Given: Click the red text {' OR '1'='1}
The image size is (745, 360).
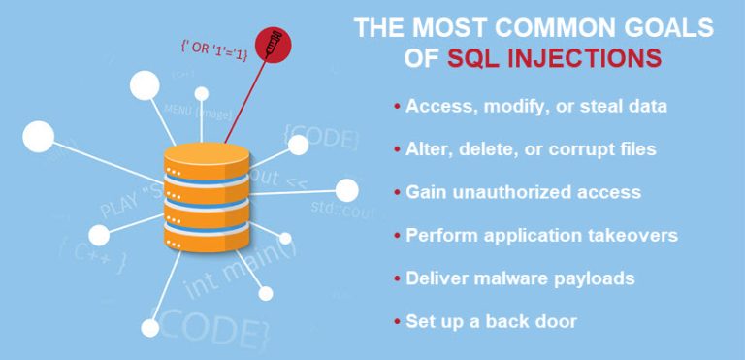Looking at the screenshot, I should [213, 49].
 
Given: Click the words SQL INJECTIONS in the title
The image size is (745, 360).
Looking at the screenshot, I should [555, 57].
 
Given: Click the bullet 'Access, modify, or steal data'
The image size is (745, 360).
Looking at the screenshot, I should [534, 107].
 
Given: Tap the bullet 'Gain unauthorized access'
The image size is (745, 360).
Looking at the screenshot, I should [523, 192].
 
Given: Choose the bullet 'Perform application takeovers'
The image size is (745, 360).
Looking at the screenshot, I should [541, 235].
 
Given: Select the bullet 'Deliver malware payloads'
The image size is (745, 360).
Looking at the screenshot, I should [519, 278].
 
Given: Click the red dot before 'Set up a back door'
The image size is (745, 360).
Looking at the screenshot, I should [398, 321].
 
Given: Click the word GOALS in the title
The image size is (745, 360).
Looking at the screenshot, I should [664, 26].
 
